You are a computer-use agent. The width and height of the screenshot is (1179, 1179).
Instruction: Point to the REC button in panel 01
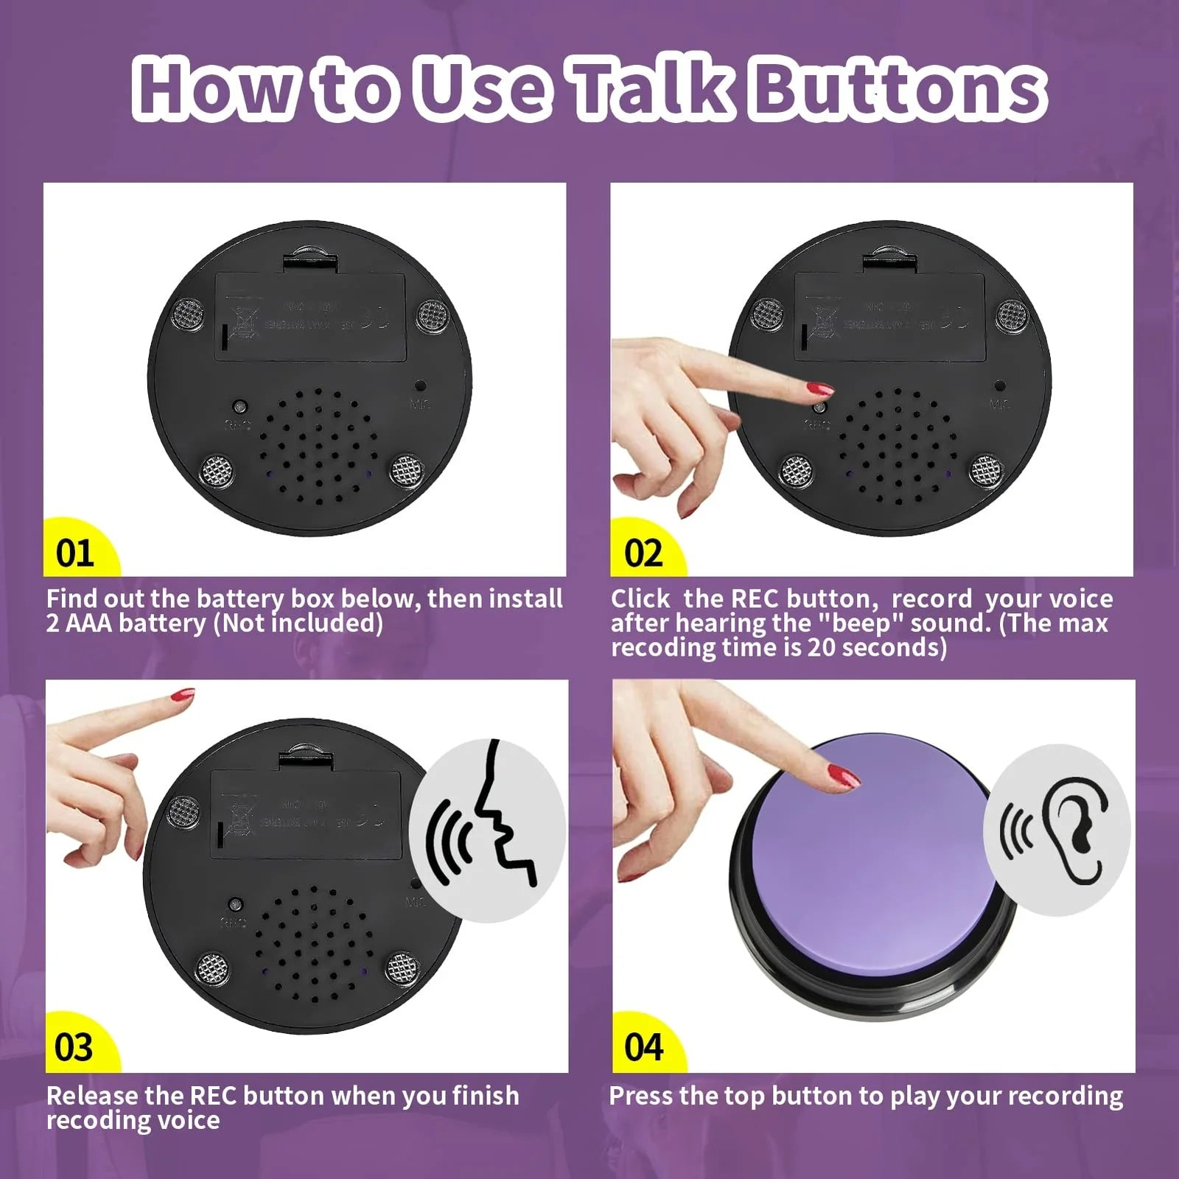[239, 406]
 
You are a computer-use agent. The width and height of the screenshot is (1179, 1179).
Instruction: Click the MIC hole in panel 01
[419, 385]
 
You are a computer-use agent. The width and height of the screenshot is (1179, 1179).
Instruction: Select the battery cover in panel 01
[310, 317]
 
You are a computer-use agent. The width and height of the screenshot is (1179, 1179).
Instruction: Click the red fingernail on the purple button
[844, 776]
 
